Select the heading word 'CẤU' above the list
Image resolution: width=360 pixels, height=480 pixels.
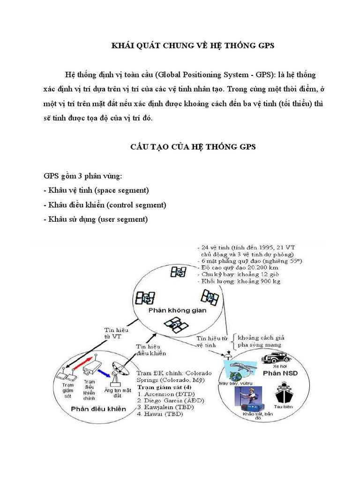(141, 147)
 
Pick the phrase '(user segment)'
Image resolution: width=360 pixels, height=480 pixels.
(123, 219)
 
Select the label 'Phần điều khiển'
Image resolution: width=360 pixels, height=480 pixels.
(98, 409)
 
